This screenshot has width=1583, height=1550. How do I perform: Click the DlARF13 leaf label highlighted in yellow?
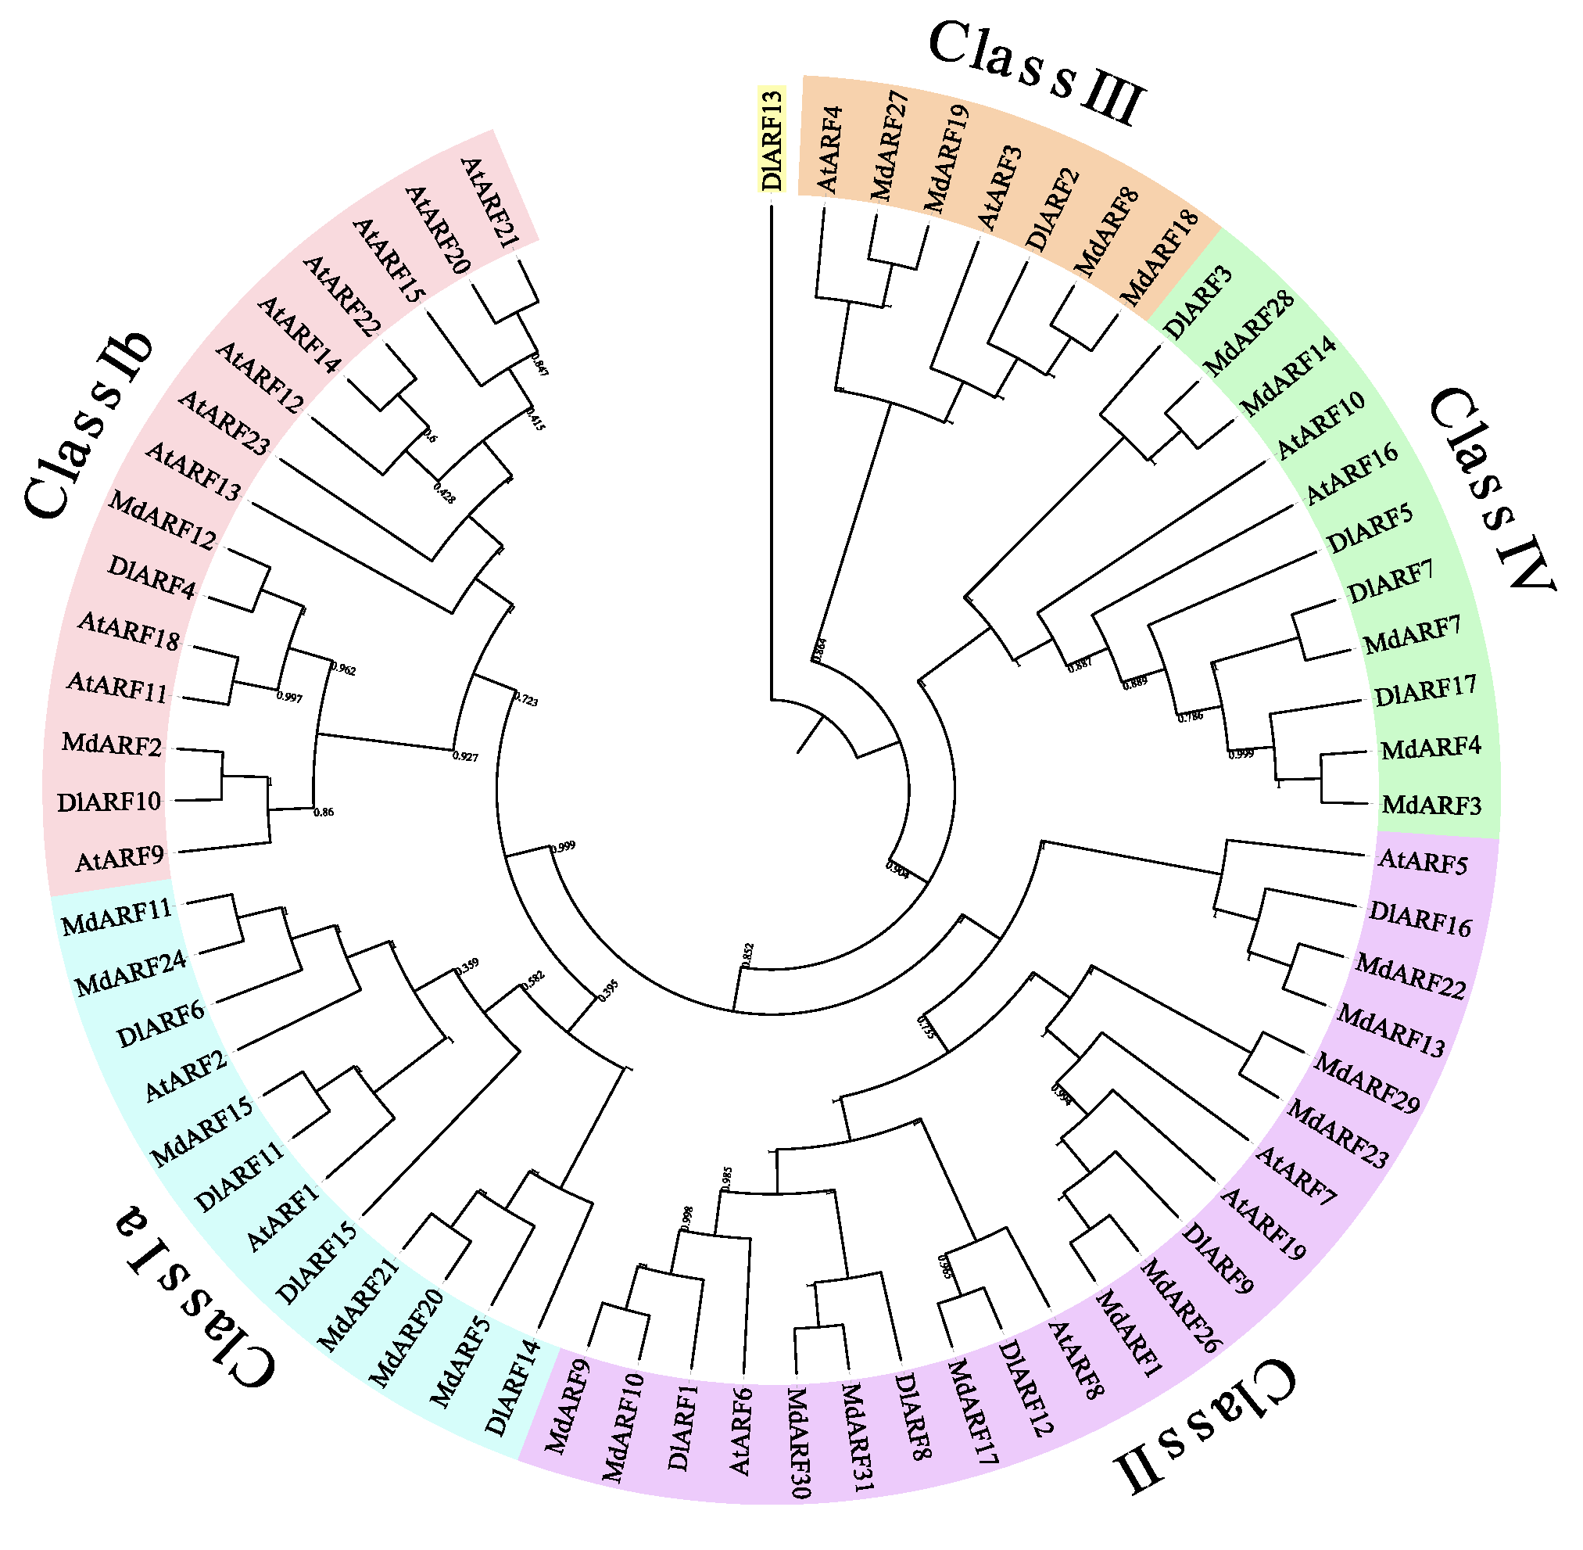coord(772,140)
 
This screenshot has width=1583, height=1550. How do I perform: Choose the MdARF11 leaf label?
coord(117,918)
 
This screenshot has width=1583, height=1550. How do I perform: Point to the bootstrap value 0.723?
coord(526,699)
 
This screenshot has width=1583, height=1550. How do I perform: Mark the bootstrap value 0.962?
coord(342,670)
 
